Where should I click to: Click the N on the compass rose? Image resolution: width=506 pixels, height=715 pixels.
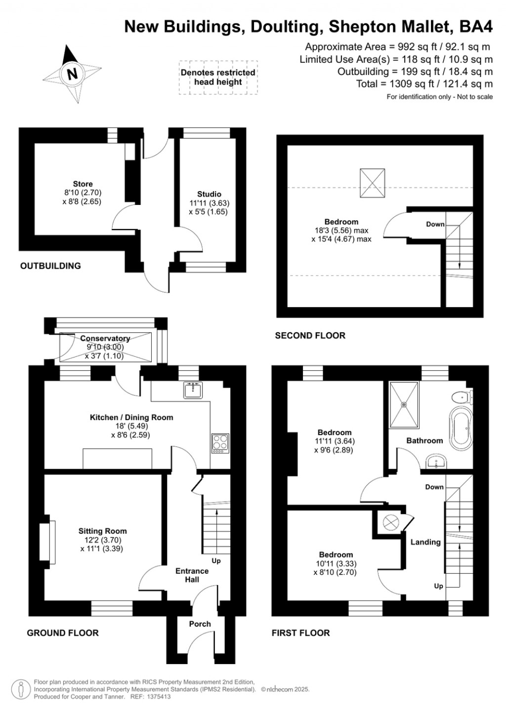point(72,74)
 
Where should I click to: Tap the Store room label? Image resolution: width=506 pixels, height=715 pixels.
point(83,184)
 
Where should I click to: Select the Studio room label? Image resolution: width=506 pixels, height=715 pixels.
point(209,194)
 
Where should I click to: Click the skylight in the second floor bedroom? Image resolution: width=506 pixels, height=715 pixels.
point(372,183)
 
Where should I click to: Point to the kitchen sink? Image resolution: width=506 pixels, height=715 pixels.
point(193,390)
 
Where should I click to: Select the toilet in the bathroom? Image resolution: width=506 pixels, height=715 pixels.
point(463,397)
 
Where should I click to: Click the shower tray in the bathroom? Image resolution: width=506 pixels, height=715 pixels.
point(405,405)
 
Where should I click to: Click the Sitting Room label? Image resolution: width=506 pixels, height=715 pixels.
point(102,531)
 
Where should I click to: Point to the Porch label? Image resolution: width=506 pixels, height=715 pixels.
point(200,624)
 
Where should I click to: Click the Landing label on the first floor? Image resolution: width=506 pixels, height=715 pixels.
point(425,542)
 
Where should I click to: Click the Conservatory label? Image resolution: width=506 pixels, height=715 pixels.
point(105,338)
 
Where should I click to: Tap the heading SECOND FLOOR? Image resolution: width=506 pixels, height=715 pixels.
point(310,335)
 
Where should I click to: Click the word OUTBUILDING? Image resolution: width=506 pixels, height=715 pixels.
point(50,266)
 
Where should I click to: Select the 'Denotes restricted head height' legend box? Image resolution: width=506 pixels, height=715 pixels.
point(218,77)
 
